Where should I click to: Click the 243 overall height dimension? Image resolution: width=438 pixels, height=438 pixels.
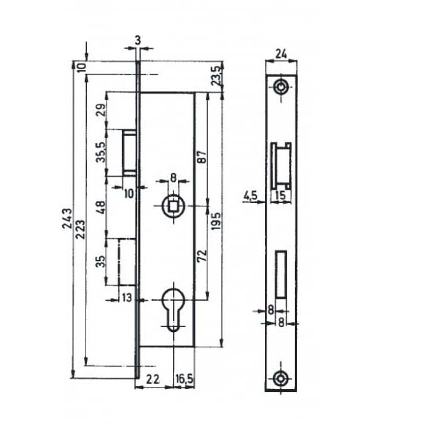(x=67, y=218)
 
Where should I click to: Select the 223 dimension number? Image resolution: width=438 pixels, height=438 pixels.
(x=80, y=229)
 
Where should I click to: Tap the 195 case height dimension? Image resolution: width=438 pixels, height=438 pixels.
(x=216, y=221)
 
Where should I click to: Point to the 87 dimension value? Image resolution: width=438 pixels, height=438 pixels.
(x=202, y=157)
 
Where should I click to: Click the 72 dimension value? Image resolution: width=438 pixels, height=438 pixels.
(x=202, y=255)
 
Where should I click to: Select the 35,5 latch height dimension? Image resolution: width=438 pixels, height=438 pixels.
(x=101, y=153)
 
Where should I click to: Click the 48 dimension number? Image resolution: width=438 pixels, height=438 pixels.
(x=101, y=207)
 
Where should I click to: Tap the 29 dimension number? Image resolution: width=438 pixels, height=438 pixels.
(x=101, y=109)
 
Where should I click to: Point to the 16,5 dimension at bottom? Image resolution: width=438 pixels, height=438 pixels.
(x=184, y=379)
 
